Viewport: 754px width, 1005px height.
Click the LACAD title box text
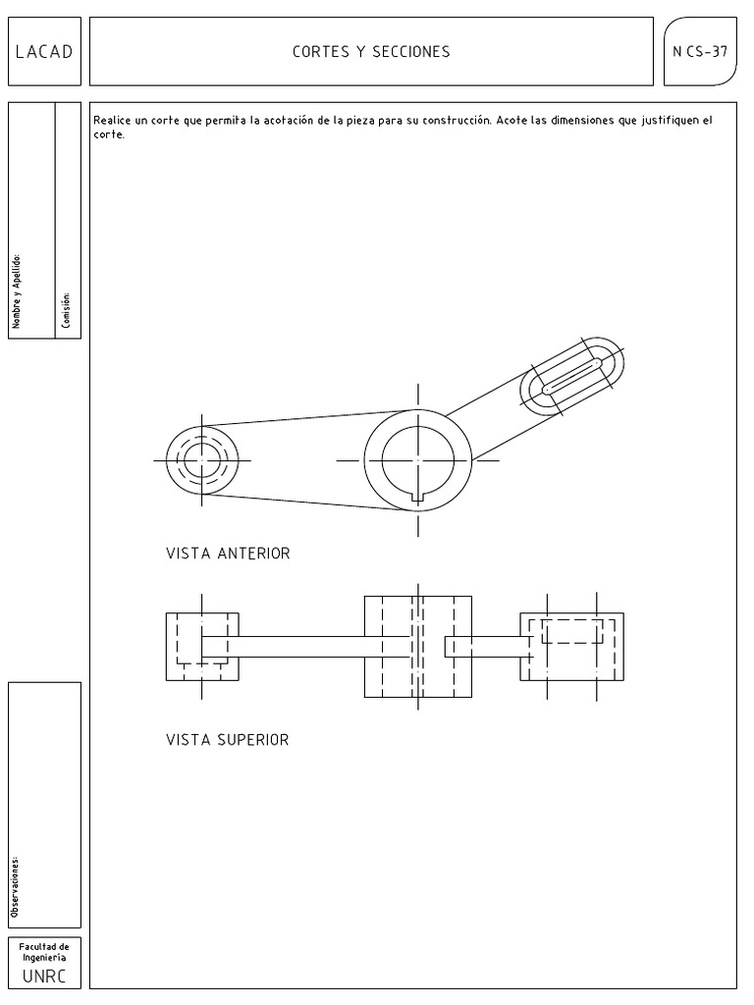click(44, 52)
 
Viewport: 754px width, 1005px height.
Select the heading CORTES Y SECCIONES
click(371, 52)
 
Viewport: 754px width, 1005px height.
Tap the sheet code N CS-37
click(701, 52)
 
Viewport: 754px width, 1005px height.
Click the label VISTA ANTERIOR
click(228, 555)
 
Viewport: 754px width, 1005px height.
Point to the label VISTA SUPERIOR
click(228, 740)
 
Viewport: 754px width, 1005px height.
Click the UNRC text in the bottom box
click(44, 978)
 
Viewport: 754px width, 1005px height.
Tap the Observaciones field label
click(15, 886)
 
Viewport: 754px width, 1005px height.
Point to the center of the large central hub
click(417, 459)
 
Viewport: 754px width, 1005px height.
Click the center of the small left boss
click(201, 459)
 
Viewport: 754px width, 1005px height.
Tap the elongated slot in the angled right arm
click(572, 376)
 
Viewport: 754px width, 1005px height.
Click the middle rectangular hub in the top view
click(417, 646)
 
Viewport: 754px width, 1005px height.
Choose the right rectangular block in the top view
click(571, 646)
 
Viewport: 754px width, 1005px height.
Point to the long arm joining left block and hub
click(304, 646)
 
